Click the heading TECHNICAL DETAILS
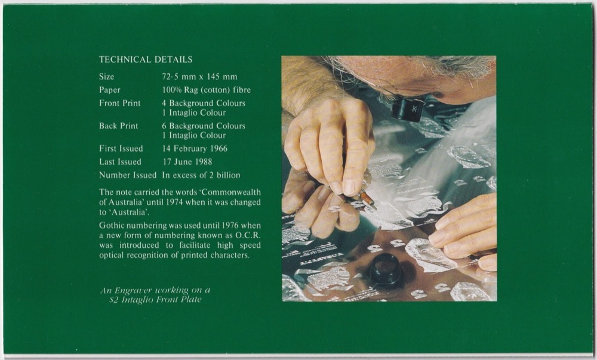click(146, 60)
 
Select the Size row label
click(107, 77)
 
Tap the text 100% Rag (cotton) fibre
click(206, 90)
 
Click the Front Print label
click(120, 103)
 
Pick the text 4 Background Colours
click(204, 103)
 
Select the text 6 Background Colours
click(204, 126)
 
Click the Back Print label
click(118, 126)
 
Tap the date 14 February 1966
click(195, 149)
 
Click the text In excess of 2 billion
click(201, 175)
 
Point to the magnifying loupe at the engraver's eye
click(408, 109)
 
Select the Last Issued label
click(120, 162)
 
